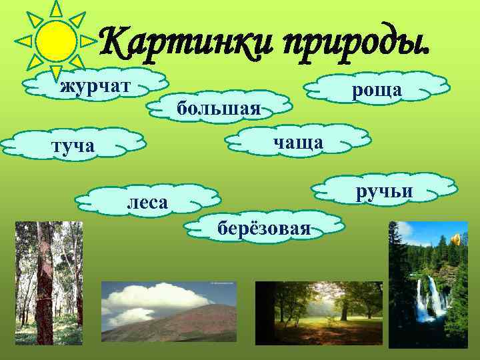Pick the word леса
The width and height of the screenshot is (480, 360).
point(147,201)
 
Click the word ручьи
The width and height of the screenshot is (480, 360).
point(384,192)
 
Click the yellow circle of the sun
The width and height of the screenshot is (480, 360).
point(55,40)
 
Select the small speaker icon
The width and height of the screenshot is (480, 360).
point(457,239)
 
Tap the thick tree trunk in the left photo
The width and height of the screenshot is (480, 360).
point(45,280)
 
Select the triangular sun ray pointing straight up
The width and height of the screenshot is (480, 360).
point(56,8)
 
